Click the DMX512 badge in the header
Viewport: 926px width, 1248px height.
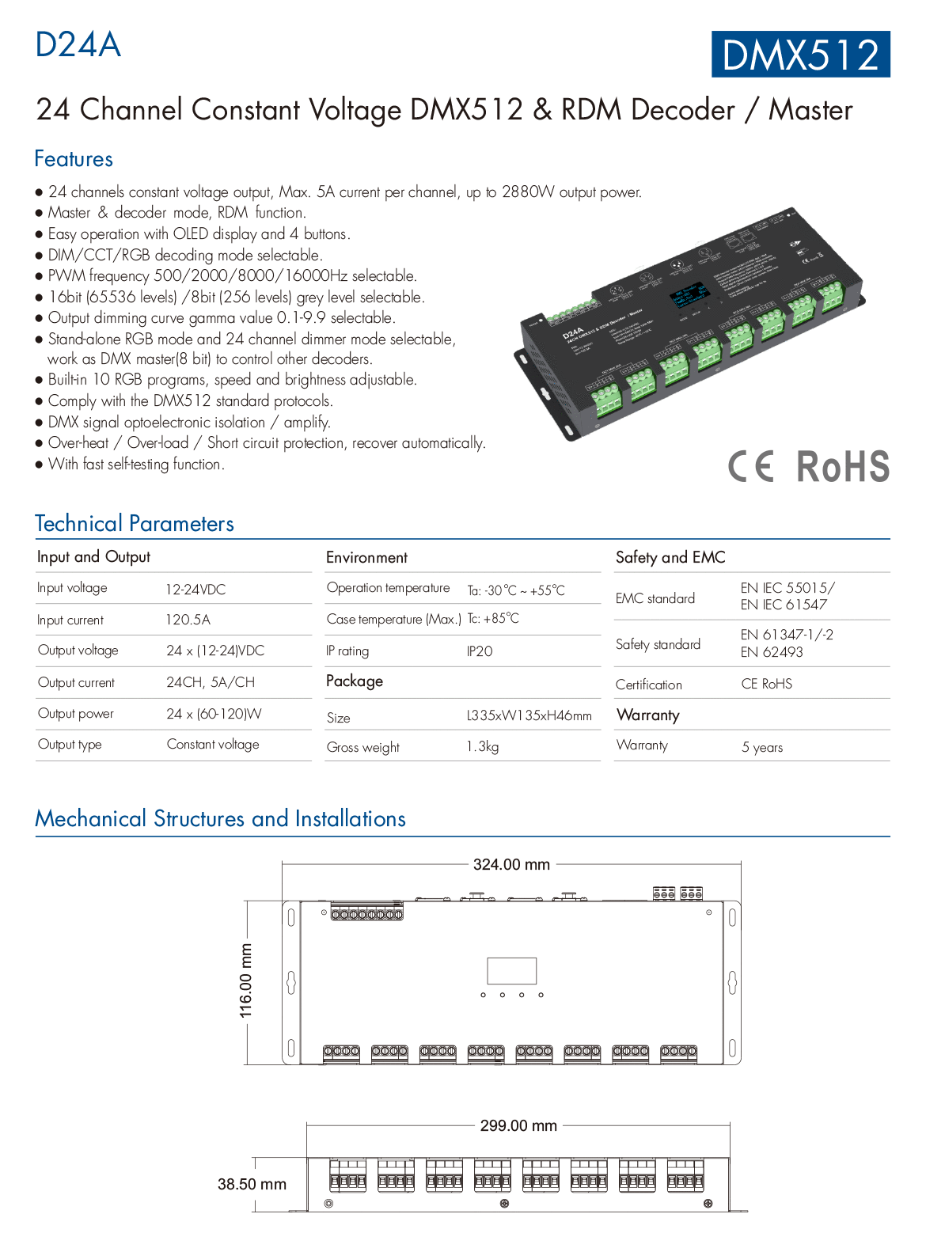pos(800,55)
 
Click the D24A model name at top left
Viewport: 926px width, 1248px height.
pos(78,45)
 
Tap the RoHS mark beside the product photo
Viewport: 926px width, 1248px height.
pos(843,466)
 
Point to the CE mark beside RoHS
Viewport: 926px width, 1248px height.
pos(750,466)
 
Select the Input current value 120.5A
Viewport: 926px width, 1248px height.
pos(188,620)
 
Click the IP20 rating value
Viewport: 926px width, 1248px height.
pos(480,651)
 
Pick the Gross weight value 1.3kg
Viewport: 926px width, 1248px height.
pos(483,746)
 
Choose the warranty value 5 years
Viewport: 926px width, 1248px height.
pos(762,747)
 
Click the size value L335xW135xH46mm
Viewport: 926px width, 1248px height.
pos(529,716)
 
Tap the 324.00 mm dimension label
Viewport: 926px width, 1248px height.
pos(511,865)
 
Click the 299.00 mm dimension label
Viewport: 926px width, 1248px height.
pos(518,1125)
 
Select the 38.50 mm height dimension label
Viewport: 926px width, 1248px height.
pos(252,1184)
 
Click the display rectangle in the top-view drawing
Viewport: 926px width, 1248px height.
pos(512,971)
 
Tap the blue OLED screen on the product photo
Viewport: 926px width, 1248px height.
pos(689,293)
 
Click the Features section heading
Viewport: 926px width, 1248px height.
pos(74,159)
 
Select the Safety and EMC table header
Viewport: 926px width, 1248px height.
pos(670,557)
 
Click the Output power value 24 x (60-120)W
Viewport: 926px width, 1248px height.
pos(214,714)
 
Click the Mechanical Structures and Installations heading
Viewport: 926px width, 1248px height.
pos(220,818)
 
